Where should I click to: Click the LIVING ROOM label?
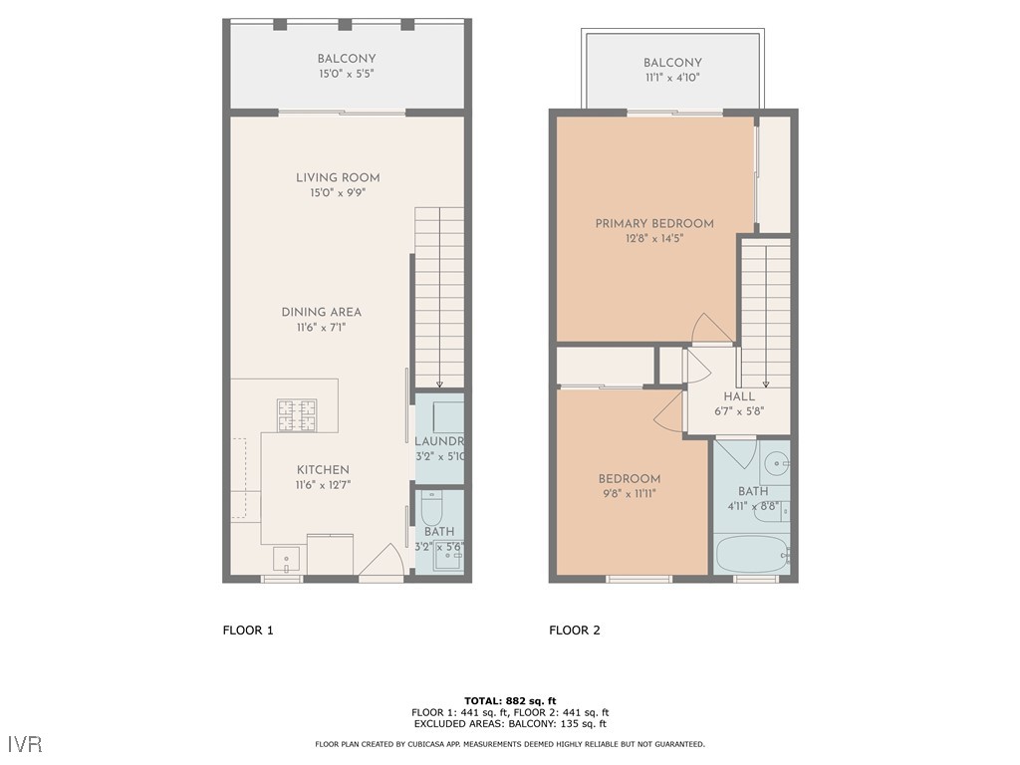pos(338,178)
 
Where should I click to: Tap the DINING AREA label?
pos(321,312)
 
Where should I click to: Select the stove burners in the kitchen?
pos(296,415)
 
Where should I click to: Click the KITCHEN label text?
pos(323,470)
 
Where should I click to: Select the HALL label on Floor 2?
pos(739,396)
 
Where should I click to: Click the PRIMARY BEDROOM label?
pos(654,224)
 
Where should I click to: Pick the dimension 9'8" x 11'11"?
pos(629,493)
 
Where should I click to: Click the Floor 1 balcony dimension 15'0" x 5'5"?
pos(347,74)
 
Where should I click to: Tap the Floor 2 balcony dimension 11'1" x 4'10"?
pos(672,78)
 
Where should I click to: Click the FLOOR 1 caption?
pos(247,630)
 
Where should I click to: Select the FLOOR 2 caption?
pos(575,630)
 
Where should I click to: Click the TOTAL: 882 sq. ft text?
pos(509,700)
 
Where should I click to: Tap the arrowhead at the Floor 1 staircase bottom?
pos(439,383)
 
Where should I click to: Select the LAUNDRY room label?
pos(439,441)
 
